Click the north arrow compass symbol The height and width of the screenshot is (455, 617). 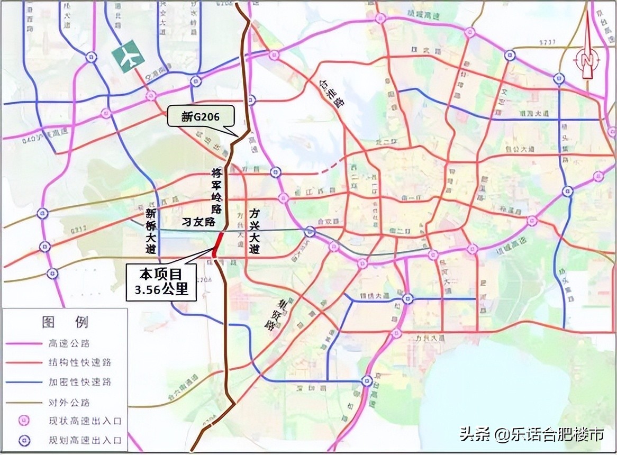[x=586, y=53]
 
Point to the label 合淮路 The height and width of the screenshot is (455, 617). [x=331, y=93]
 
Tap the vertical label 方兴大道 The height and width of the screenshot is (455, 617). [x=255, y=231]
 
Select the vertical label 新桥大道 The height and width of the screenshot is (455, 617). [x=152, y=231]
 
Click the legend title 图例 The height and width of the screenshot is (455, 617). [x=65, y=322]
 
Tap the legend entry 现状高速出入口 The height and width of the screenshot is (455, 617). [x=81, y=421]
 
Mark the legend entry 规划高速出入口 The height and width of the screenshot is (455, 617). [x=81, y=440]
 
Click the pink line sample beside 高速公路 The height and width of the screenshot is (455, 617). [x=24, y=344]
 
